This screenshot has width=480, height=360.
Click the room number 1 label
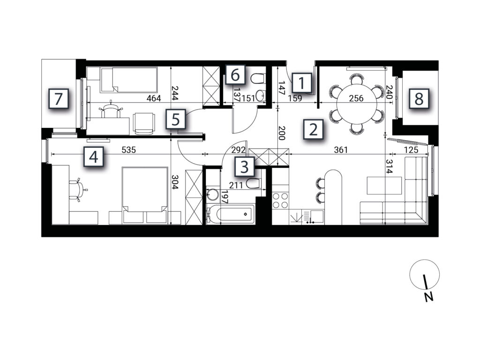(302, 82)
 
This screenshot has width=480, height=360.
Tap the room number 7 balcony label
(58, 99)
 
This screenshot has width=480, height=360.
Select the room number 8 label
(419, 98)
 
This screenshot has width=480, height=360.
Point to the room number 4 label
(94, 157)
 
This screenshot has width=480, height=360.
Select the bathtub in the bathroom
(230, 214)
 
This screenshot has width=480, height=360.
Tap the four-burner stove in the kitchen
(280, 200)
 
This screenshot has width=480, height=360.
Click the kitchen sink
(313, 217)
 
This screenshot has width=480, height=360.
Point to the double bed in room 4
(145, 195)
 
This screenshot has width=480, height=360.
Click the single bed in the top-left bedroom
(129, 80)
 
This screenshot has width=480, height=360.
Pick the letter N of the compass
(429, 297)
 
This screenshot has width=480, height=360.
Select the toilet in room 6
(257, 78)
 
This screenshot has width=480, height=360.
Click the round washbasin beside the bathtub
(212, 194)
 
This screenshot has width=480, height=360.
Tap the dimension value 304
(174, 182)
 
